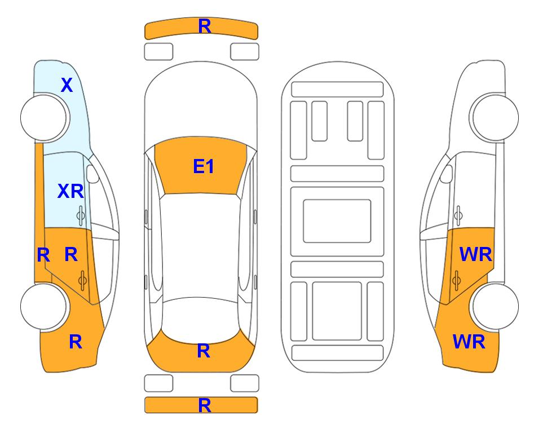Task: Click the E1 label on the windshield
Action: tap(204, 166)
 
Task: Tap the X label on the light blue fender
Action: tap(67, 85)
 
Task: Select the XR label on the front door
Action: tap(70, 191)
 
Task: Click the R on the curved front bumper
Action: tap(205, 26)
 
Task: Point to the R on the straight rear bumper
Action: tap(205, 405)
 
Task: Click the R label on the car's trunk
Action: tap(204, 351)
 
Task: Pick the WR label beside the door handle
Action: tap(475, 255)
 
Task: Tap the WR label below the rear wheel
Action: tap(469, 342)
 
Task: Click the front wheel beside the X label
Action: tap(43, 118)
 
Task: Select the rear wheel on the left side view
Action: tap(43, 306)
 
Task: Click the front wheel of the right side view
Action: tap(494, 117)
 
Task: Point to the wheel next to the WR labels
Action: tap(495, 306)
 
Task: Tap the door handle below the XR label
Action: tap(81, 215)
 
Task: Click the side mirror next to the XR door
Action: tap(92, 174)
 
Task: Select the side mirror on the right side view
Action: tap(447, 174)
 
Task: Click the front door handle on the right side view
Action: tap(458, 215)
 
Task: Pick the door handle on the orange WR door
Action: tap(457, 280)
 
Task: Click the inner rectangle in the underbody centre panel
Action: tap(337, 221)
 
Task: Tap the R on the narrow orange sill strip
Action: tap(43, 255)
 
